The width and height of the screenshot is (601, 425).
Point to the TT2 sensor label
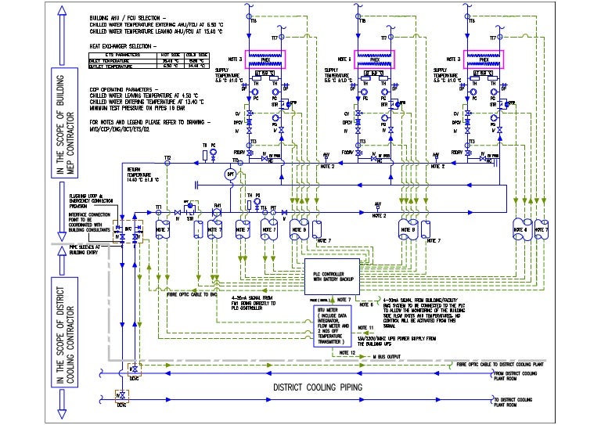pyautogui.click(x=167, y=158)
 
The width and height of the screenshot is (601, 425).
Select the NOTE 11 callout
pyautogui.click(x=366, y=326)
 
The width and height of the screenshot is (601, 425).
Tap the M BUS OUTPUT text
pyautogui.click(x=390, y=357)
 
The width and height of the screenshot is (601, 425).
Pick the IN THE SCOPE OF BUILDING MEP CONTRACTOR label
pyautogui.click(x=59, y=89)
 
